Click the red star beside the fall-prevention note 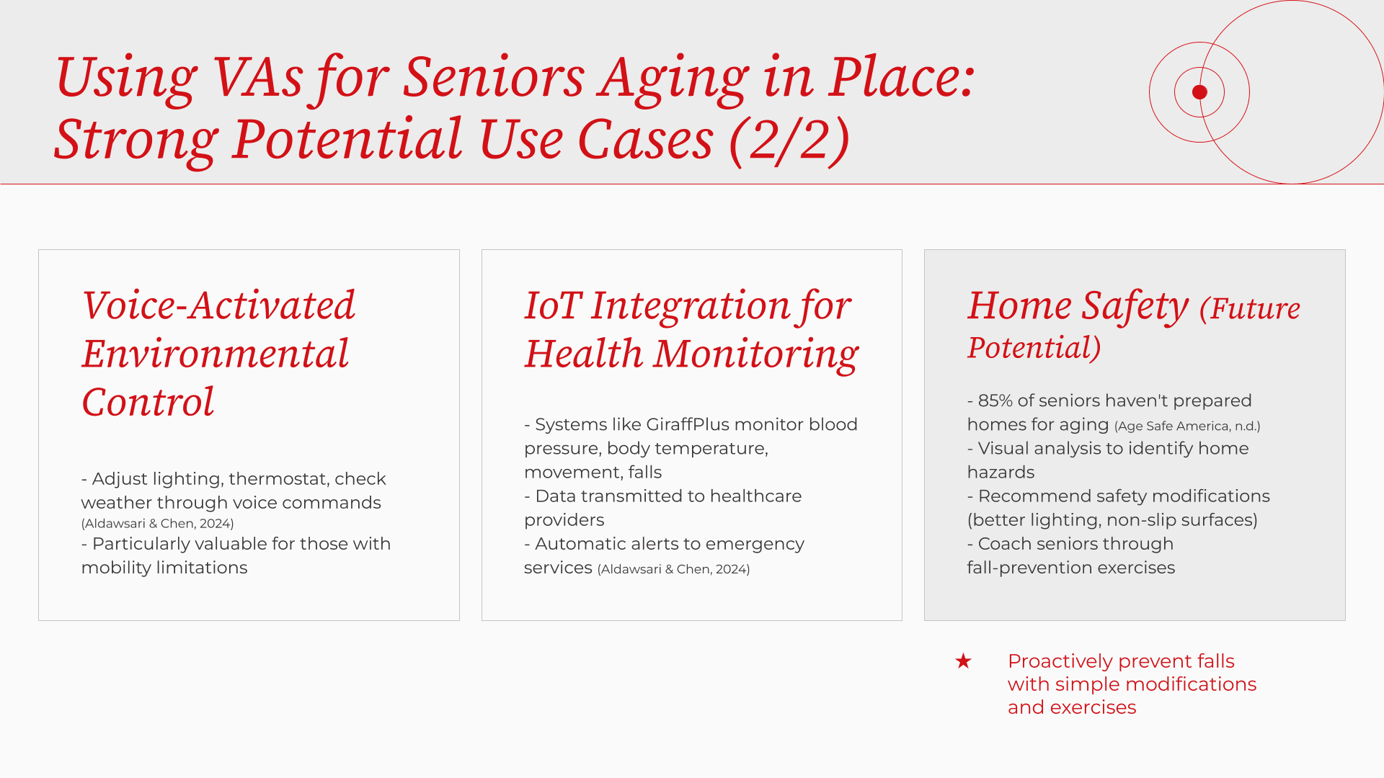click(963, 661)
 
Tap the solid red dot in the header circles click(1199, 91)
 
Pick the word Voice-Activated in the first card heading click(218, 305)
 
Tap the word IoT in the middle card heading click(552, 305)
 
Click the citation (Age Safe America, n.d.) click(1187, 426)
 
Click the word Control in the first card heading click(148, 402)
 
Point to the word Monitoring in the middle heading click(756, 354)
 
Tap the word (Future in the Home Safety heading click(1250, 308)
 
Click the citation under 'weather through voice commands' click(157, 524)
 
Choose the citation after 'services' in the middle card click(673, 569)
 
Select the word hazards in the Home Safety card click(1001, 473)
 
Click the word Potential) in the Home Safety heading click(1034, 349)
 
